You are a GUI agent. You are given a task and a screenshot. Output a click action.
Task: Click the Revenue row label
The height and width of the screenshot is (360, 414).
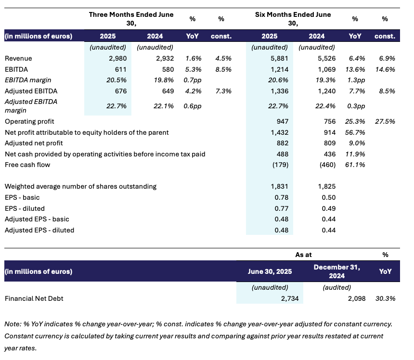[18, 58]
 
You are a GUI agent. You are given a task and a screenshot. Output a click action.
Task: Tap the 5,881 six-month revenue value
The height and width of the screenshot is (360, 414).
[278, 58]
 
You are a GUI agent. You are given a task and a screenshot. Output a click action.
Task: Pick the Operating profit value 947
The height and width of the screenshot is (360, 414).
[281, 122]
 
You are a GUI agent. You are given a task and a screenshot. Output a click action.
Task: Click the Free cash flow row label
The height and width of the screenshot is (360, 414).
[27, 165]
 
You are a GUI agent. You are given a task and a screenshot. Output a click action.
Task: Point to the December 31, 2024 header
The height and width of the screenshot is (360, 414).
[336, 271]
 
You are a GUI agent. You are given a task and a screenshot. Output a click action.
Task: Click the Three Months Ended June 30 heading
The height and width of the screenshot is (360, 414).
[131, 18]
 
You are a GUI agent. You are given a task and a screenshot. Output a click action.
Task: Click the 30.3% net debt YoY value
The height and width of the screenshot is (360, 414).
[385, 298]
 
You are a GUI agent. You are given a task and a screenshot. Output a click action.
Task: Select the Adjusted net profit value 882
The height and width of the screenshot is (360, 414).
[281, 143]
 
